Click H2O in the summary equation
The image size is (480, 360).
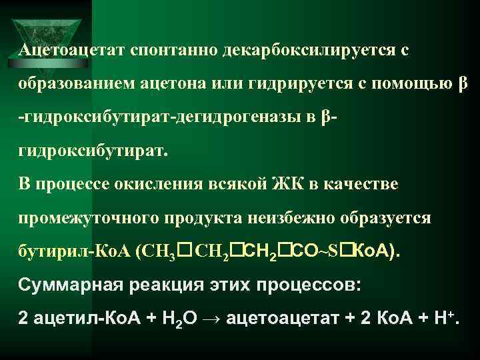(185, 319)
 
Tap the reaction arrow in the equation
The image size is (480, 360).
(213, 319)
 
